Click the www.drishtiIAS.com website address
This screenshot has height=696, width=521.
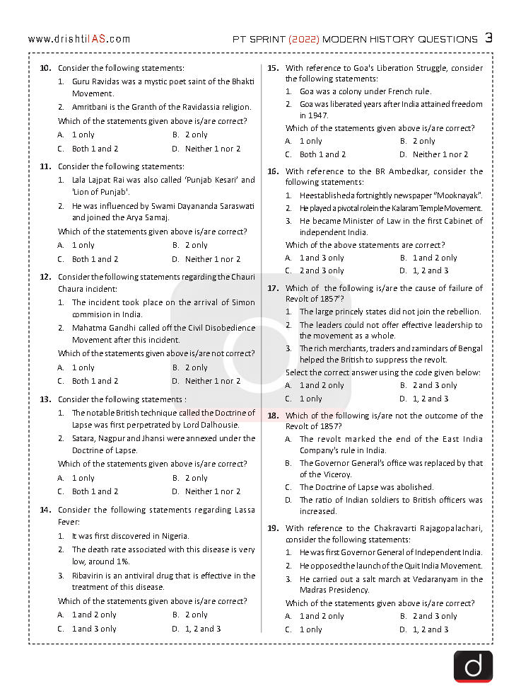[x=79, y=39]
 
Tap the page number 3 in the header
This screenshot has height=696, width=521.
[x=488, y=38]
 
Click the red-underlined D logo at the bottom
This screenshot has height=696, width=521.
[x=473, y=666]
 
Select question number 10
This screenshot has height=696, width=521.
[x=45, y=68]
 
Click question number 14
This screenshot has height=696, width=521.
[x=45, y=510]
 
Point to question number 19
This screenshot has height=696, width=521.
[x=273, y=528]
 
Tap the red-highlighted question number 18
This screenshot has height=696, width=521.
[x=273, y=416]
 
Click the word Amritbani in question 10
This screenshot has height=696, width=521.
[x=91, y=107]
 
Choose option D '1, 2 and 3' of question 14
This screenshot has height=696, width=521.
[x=196, y=629]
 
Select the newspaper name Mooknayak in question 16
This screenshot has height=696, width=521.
[x=457, y=195]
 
